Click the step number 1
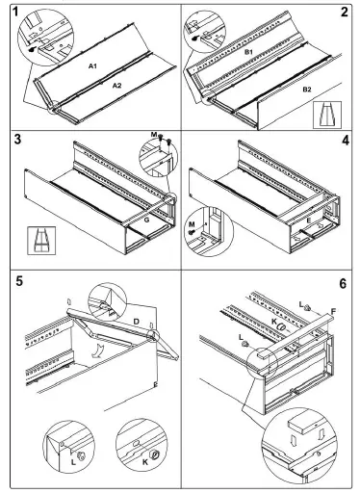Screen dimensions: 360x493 15,12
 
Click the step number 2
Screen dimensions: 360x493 345,12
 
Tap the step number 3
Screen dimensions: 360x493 17,140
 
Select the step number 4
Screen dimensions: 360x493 346,141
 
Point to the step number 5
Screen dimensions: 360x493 19,281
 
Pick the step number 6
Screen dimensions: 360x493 343,284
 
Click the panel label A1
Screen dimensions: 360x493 92,66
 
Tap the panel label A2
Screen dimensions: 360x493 117,86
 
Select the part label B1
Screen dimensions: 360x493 249,51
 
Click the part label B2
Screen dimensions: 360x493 307,90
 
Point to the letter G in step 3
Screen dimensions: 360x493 146,221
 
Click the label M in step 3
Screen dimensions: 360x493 154,135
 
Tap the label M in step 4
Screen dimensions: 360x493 192,223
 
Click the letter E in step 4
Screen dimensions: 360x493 308,221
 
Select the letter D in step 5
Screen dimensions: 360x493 137,322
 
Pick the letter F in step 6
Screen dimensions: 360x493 333,311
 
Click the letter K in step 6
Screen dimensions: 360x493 274,322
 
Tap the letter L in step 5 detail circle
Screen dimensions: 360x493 73,462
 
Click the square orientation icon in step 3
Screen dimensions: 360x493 41,241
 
